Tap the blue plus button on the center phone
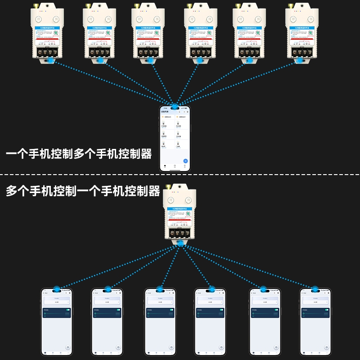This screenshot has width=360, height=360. click(x=185, y=161)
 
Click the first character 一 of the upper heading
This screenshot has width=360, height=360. click(x=11, y=154)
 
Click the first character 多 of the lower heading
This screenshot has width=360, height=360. click(x=11, y=191)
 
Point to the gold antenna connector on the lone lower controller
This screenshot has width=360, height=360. click(x=168, y=186)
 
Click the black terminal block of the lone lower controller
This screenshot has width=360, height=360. click(x=180, y=233)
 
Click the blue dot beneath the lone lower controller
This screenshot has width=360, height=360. click(x=180, y=243)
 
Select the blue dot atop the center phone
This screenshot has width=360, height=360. click(x=174, y=107)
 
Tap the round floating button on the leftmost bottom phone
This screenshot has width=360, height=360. click(x=68, y=347)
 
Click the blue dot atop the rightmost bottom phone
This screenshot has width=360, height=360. click(x=315, y=289)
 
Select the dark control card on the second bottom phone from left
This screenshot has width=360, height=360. click(x=108, y=312)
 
